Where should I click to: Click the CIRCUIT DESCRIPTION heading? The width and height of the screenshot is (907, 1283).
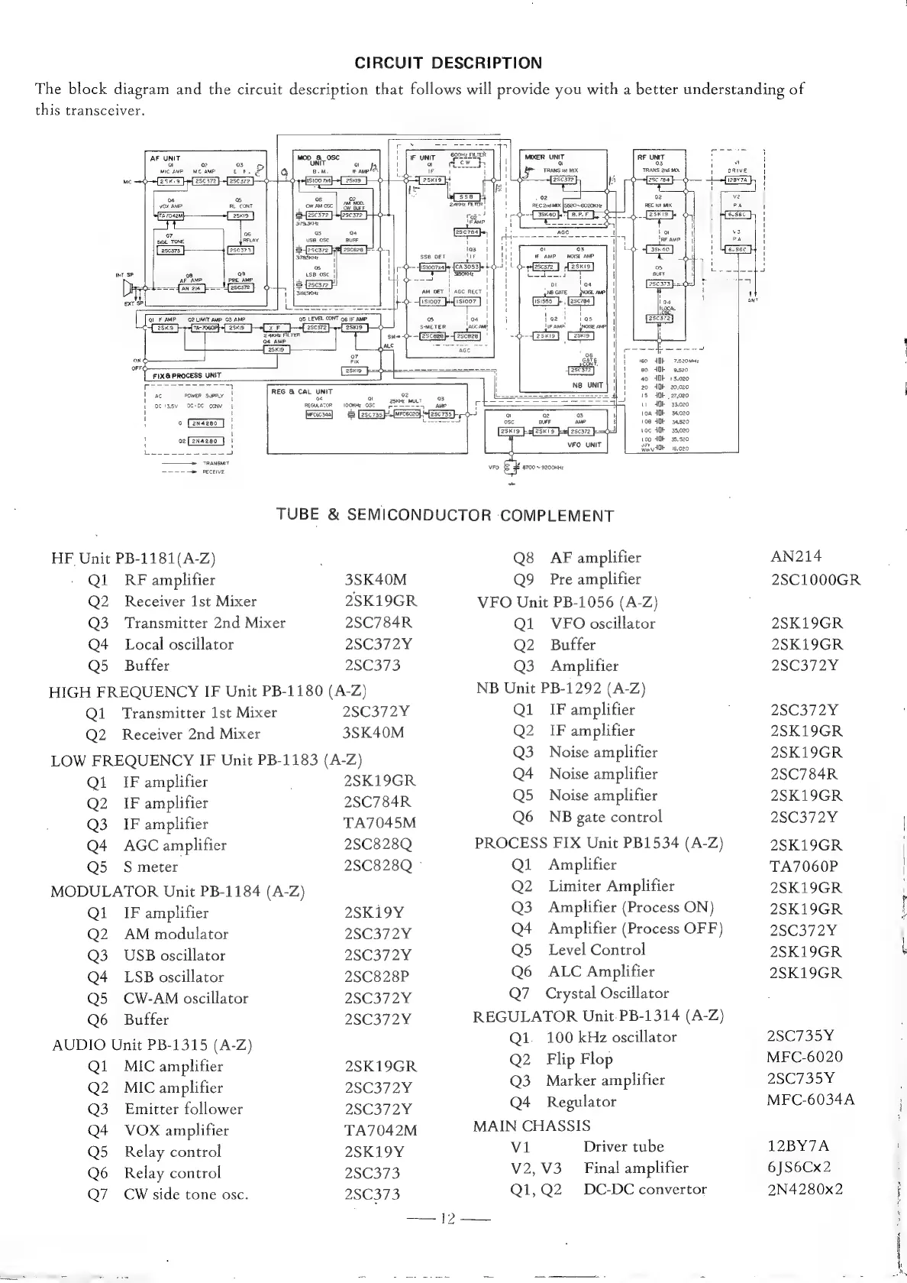449,63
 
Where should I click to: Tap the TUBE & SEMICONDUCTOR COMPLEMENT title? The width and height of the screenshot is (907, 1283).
445,515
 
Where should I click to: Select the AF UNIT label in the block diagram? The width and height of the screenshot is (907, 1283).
166,158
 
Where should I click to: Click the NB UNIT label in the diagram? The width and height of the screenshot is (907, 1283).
587,385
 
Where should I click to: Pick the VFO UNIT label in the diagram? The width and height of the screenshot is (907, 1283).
585,445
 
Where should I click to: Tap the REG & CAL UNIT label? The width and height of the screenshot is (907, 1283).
302,391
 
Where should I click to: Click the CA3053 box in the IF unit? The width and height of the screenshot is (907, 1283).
466,266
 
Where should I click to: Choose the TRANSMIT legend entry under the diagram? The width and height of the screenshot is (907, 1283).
212,463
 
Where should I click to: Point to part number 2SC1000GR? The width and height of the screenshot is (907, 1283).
815,579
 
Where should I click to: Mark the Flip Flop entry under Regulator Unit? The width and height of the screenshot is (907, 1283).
579,1059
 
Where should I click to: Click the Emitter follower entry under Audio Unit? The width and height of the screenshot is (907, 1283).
183,1109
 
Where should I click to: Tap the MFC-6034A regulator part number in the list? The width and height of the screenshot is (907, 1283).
810,1100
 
